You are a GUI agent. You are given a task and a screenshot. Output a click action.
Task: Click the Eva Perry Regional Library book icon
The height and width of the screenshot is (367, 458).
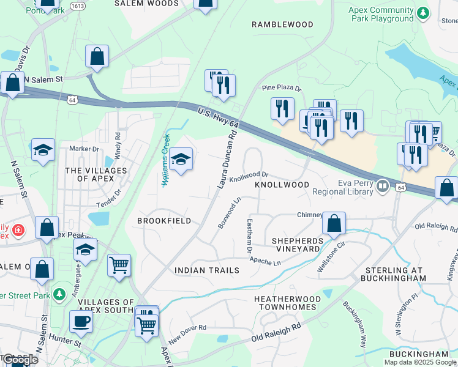pyautogui.click(x=383, y=185)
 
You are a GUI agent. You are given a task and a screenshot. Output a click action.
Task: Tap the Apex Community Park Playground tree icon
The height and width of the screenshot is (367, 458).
pyautogui.click(x=422, y=13)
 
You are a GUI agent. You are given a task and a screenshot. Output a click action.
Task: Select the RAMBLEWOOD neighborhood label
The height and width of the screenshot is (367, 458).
pyautogui.click(x=282, y=24)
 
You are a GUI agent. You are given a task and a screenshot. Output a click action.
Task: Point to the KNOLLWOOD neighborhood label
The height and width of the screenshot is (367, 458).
pyautogui.click(x=282, y=184)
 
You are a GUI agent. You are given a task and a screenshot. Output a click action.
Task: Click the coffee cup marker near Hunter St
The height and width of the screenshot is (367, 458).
pyautogui.click(x=80, y=321)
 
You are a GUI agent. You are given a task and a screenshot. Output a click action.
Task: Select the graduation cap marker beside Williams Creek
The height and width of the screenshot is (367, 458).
pyautogui.click(x=181, y=160)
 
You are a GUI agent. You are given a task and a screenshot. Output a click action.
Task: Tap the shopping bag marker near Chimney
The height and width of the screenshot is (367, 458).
pyautogui.click(x=334, y=224)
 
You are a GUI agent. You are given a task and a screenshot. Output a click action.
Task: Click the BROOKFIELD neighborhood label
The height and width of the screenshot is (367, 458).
pyautogui.click(x=164, y=220)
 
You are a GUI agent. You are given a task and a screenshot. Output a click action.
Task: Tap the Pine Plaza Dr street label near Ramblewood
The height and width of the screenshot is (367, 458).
pyautogui.click(x=282, y=88)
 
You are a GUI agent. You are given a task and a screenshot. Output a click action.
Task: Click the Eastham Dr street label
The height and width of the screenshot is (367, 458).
pyautogui.click(x=250, y=236)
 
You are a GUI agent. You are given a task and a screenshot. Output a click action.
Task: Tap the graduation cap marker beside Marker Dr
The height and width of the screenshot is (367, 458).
pyautogui.click(x=43, y=149)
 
